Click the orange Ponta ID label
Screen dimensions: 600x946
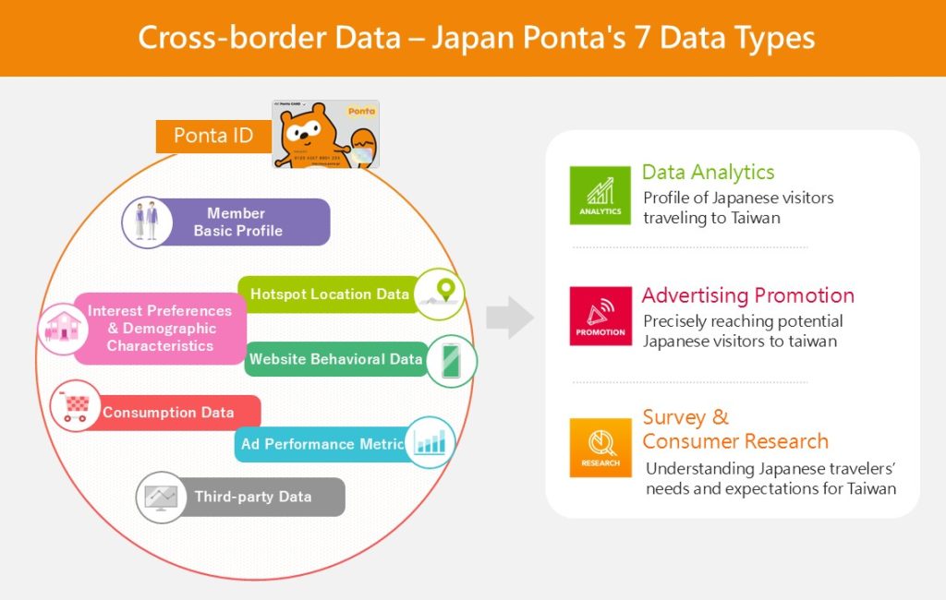pos(213,136)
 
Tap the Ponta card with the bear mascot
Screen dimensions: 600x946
pos(325,134)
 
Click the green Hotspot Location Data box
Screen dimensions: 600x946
pos(328,294)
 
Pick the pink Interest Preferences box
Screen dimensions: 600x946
pos(160,329)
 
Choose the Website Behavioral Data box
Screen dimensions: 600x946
pos(334,359)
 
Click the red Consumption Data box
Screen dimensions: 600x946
pos(168,413)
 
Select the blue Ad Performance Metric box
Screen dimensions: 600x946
pos(321,444)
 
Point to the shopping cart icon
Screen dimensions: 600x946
pos(75,406)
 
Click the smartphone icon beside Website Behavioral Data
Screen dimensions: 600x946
pos(451,360)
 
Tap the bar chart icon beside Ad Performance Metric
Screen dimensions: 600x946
pos(430,442)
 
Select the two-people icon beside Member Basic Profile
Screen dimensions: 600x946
pos(147,222)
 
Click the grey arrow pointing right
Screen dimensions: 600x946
pos(509,318)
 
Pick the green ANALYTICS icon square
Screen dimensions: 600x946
pos(600,196)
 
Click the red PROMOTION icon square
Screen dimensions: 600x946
pos(600,316)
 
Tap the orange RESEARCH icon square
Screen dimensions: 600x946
pos(600,448)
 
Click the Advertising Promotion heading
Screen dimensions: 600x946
pos(747,295)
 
